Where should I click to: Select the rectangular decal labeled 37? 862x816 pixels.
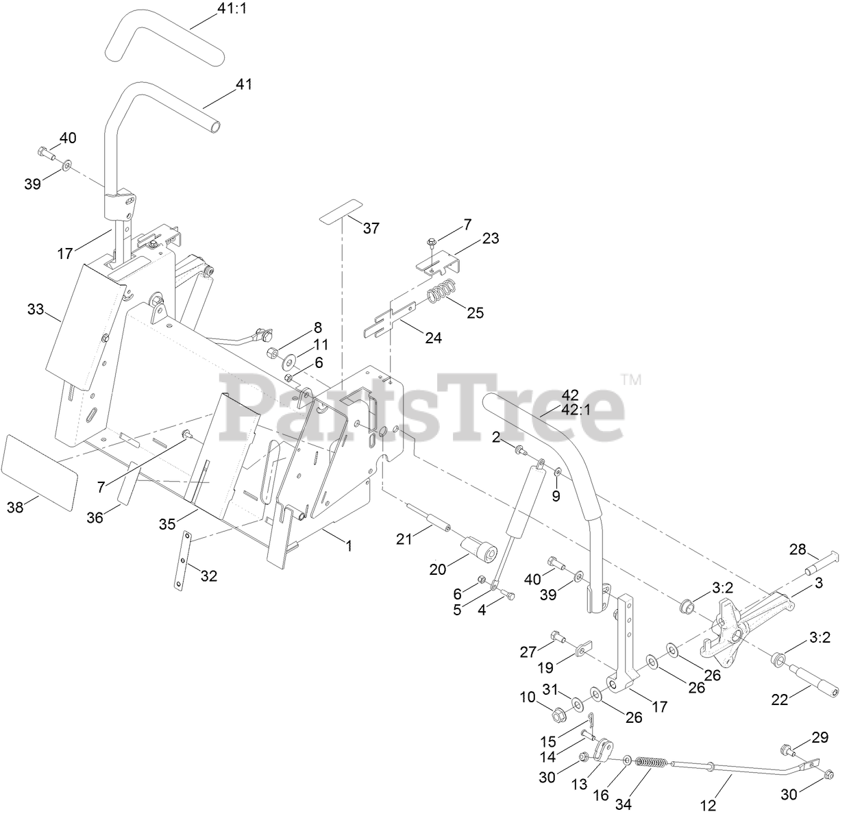click(341, 210)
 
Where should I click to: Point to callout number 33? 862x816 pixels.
click(35, 309)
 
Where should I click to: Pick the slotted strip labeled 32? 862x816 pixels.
click(180, 559)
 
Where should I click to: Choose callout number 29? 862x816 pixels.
click(820, 737)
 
